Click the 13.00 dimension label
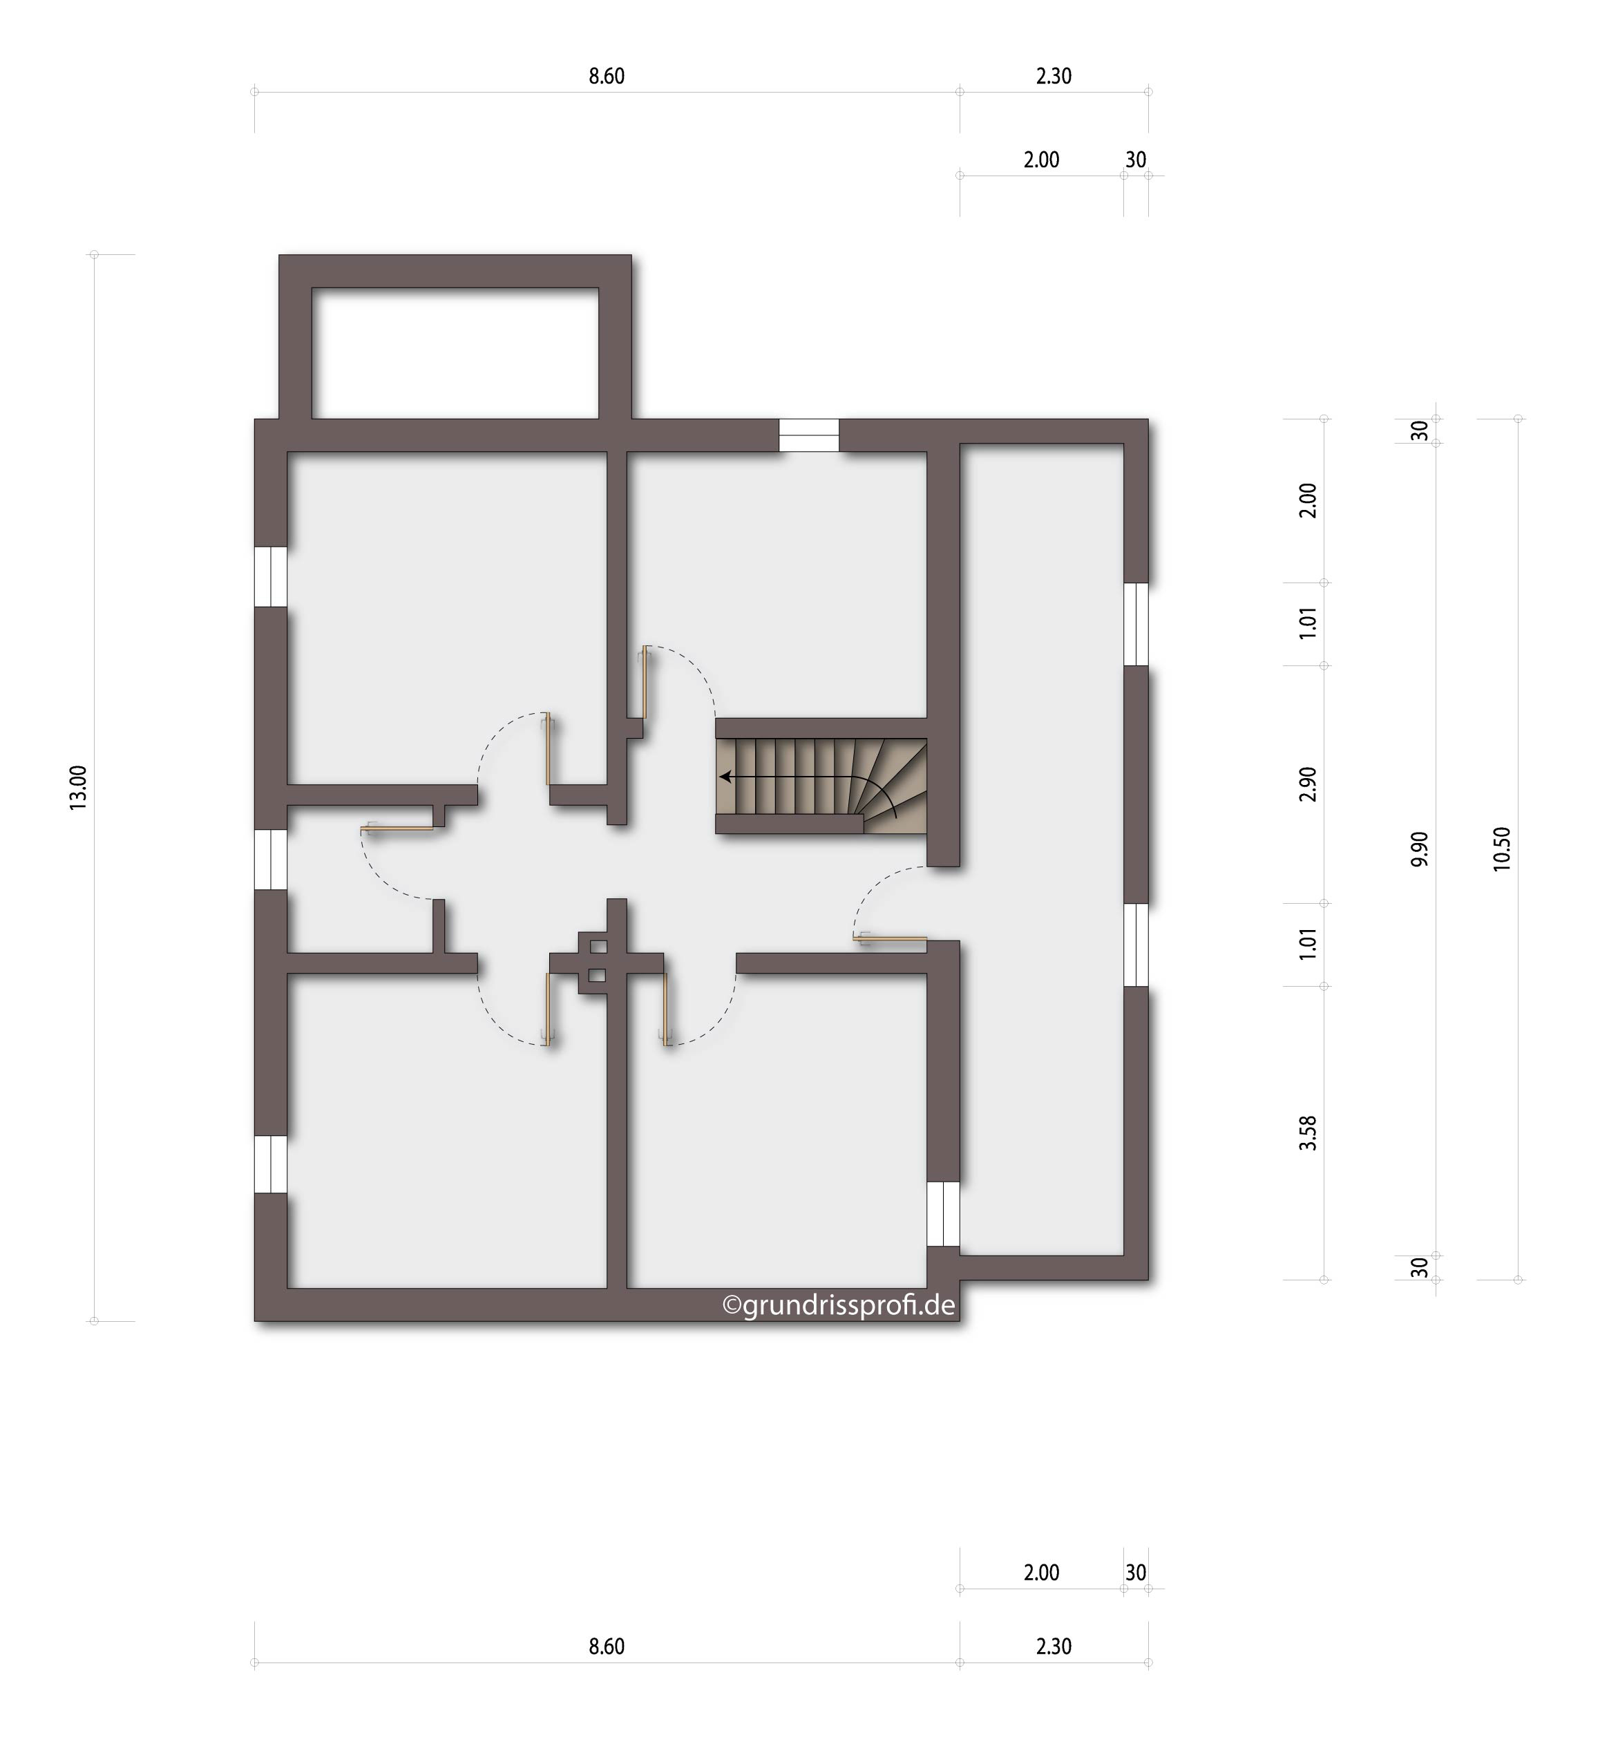(78, 787)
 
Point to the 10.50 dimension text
(1501, 849)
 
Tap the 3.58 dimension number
(1307, 1133)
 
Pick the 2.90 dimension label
(1307, 784)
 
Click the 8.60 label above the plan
(606, 76)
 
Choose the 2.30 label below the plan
(1054, 1647)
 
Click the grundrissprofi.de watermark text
(838, 1306)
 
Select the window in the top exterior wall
(809, 435)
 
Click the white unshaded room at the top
(455, 353)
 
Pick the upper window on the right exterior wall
(1136, 625)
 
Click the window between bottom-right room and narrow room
(943, 1214)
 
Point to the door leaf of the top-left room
(550, 749)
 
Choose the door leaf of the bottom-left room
(550, 1008)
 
